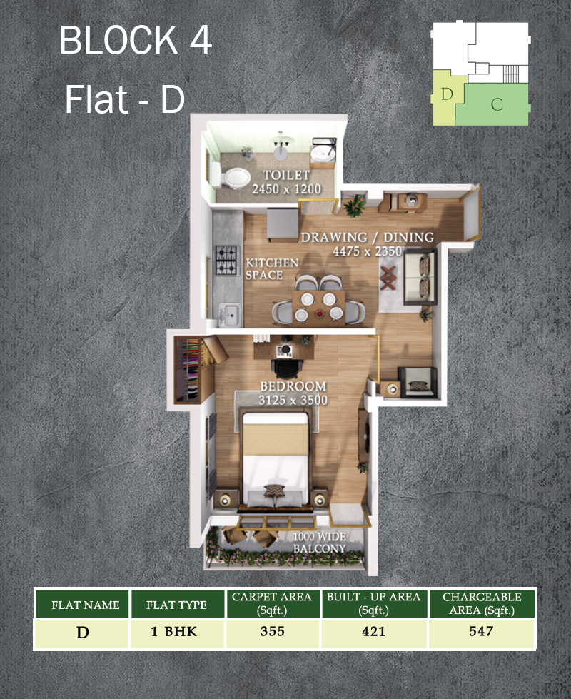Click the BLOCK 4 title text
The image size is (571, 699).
(x=136, y=40)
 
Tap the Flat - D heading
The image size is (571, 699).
(x=125, y=99)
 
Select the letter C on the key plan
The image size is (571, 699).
(x=497, y=104)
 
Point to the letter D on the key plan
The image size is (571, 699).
(x=447, y=94)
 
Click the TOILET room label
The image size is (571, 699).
(x=286, y=175)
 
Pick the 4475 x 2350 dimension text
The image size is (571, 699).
(x=368, y=251)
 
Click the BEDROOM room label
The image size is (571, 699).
(x=293, y=386)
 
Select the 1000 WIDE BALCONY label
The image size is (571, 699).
(x=319, y=543)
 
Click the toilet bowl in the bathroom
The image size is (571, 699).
(x=236, y=178)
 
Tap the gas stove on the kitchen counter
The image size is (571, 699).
(x=228, y=260)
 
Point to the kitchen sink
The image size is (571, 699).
(x=230, y=315)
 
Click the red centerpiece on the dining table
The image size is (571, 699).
(x=319, y=314)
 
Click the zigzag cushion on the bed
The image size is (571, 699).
(x=274, y=491)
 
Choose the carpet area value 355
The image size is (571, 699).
(x=273, y=631)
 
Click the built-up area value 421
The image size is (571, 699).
(x=373, y=631)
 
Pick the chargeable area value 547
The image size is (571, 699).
(x=481, y=631)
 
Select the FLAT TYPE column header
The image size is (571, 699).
(x=176, y=605)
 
